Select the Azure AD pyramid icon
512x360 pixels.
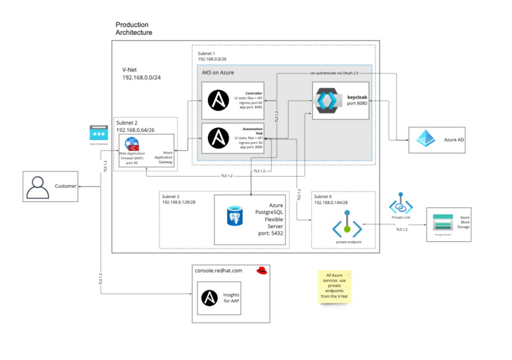pos(425,139)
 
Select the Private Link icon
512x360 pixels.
pos(401,203)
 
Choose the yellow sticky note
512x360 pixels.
pos(335,286)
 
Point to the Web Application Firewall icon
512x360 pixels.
pos(131,147)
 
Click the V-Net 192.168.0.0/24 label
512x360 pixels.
pos(141,73)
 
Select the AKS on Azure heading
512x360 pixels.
pos(218,72)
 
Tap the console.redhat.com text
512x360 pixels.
pos(220,270)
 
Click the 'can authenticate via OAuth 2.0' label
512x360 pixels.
pos(334,72)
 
